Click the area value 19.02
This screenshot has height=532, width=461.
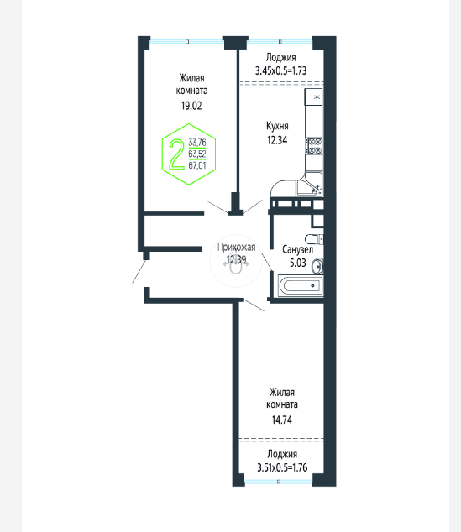pyautogui.click(x=191, y=106)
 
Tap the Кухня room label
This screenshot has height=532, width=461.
pyautogui.click(x=277, y=126)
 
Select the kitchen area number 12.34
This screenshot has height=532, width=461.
pyautogui.click(x=277, y=140)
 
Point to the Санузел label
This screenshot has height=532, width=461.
pyautogui.click(x=298, y=250)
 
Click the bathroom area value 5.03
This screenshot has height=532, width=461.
pyautogui.click(x=298, y=263)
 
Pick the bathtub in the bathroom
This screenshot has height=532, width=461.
pyautogui.click(x=301, y=285)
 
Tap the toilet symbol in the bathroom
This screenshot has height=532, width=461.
pyautogui.click(x=314, y=239)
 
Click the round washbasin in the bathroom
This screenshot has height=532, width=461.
pyautogui.click(x=317, y=266)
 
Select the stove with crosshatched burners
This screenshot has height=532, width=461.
pyautogui.click(x=314, y=146)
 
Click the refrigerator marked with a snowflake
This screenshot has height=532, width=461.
pyautogui.click(x=313, y=97)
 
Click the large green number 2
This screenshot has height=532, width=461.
pyautogui.click(x=176, y=154)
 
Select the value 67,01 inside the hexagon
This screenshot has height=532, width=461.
pyautogui.click(x=197, y=165)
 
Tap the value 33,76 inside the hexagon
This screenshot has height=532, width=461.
pyautogui.click(x=197, y=142)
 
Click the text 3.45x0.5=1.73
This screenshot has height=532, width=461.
pyautogui.click(x=280, y=70)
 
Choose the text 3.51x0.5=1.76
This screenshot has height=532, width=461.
pyautogui.click(x=282, y=467)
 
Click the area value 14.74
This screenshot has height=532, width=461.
pyautogui.click(x=282, y=420)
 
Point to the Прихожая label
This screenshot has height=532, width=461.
pyautogui.click(x=236, y=248)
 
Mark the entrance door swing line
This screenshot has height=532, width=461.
pyautogui.click(x=139, y=271)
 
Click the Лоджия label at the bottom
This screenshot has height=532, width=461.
pyautogui.click(x=282, y=454)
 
